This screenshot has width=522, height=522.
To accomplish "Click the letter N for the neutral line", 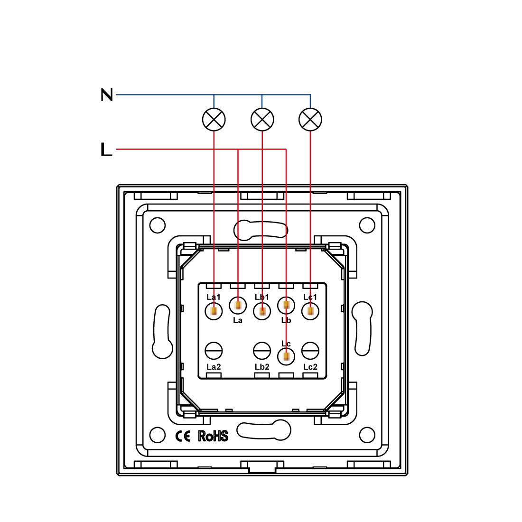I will tap(107, 95).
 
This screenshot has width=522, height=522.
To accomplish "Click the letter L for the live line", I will tap(106, 149).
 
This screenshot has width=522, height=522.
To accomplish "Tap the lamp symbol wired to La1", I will tap(214, 119).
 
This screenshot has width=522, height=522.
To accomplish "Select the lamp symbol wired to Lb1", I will tap(262, 119).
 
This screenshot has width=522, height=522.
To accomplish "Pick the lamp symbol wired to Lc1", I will tap(310, 119).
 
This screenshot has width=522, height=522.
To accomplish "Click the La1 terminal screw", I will tap(214, 311).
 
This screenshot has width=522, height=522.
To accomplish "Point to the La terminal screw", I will tap(238, 305).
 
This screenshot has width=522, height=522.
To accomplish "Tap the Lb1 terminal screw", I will tap(262, 311).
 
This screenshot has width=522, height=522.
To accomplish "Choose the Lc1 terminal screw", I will tap(310, 311).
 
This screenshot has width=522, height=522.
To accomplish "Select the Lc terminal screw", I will tap(286, 355).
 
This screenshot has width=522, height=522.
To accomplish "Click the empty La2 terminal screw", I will tap(214, 351).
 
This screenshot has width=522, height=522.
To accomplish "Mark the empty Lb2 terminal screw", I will tap(262, 351).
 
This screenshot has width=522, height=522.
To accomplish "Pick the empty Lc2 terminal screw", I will tap(310, 351).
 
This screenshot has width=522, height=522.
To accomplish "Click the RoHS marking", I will tap(213, 436).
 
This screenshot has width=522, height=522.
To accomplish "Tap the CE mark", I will tap(183, 436).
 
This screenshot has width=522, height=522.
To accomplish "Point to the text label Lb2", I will tap(262, 367).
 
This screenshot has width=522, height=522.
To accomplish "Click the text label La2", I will tap(214, 367).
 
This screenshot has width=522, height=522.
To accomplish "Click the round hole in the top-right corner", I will tap(367, 225).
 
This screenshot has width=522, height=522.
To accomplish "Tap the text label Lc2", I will tap(310, 367).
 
